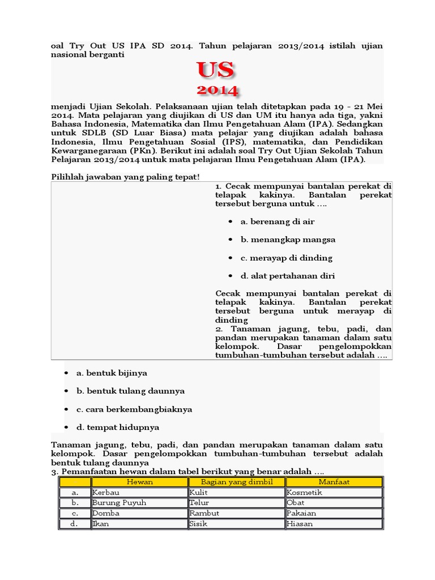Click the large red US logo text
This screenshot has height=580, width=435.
215,70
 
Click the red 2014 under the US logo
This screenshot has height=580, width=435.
217,90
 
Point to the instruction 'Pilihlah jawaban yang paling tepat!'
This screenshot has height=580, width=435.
125,177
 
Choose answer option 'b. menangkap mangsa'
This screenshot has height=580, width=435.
287,240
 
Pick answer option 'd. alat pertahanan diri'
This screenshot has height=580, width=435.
295,276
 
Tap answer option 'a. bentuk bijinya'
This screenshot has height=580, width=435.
112,373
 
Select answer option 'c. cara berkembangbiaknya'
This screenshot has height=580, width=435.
135,409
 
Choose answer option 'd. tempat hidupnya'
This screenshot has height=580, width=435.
118,427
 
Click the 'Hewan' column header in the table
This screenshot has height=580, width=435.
139,482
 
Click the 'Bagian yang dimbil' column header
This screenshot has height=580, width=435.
237,482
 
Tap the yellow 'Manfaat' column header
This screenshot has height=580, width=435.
334,482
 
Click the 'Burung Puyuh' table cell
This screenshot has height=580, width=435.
120,503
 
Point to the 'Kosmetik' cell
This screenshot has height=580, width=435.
305,493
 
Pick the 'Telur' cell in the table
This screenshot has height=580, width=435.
199,503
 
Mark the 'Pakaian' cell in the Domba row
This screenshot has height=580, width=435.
302,513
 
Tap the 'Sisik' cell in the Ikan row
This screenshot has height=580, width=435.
198,524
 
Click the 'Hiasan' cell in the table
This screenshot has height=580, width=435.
300,524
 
